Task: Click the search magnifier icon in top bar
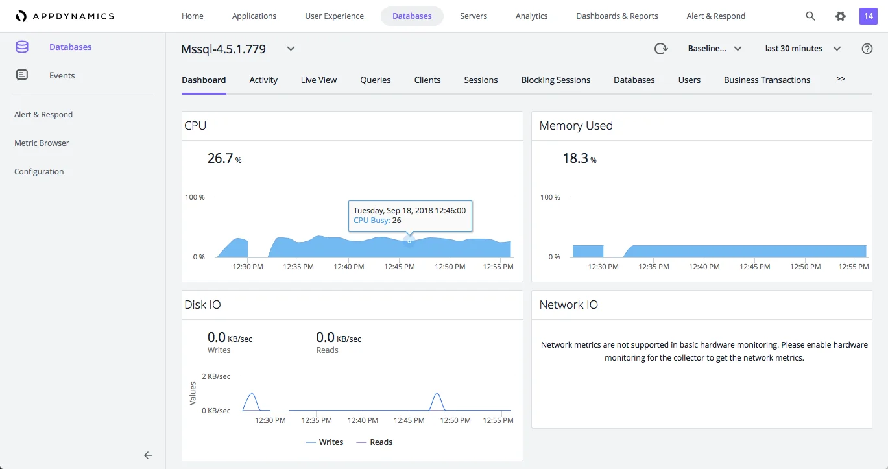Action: (810, 16)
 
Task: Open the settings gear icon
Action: (841, 16)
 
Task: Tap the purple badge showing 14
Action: (868, 16)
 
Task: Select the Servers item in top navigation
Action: (474, 16)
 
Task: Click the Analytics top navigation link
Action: (531, 16)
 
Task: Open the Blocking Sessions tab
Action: (555, 80)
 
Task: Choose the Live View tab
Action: (318, 80)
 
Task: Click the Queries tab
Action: (376, 80)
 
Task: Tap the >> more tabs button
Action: (841, 79)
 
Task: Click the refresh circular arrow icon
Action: (660, 49)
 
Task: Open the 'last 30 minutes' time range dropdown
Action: (802, 49)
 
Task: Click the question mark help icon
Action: (867, 49)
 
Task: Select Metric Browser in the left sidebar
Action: (42, 143)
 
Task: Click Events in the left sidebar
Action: (62, 76)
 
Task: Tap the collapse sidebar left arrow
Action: (148, 455)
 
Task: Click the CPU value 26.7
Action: (221, 158)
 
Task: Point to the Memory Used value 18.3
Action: (575, 158)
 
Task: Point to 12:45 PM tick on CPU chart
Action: (399, 267)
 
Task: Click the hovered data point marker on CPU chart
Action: (409, 241)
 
